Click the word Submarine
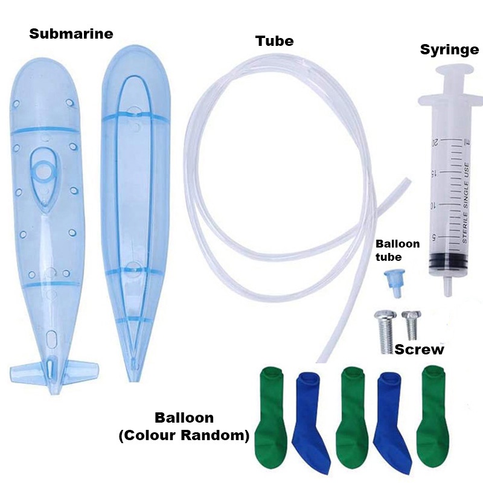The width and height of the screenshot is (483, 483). click(x=71, y=34)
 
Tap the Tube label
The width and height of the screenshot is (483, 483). click(x=274, y=41)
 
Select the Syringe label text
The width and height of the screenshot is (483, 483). click(x=449, y=50)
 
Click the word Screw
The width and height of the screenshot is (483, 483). click(x=419, y=350)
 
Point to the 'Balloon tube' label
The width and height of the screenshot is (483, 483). click(x=397, y=250)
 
